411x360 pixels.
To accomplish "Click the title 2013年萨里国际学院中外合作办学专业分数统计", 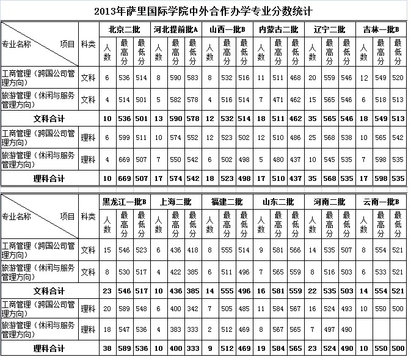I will [205, 11].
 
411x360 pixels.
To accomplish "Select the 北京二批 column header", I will [124, 29].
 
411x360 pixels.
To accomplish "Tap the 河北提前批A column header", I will [176, 29].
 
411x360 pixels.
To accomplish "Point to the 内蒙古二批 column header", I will [278, 29].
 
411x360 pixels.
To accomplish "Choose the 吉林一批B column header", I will [381, 29].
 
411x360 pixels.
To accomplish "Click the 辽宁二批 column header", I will [330, 29].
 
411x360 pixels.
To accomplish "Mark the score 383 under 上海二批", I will [176, 330].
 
